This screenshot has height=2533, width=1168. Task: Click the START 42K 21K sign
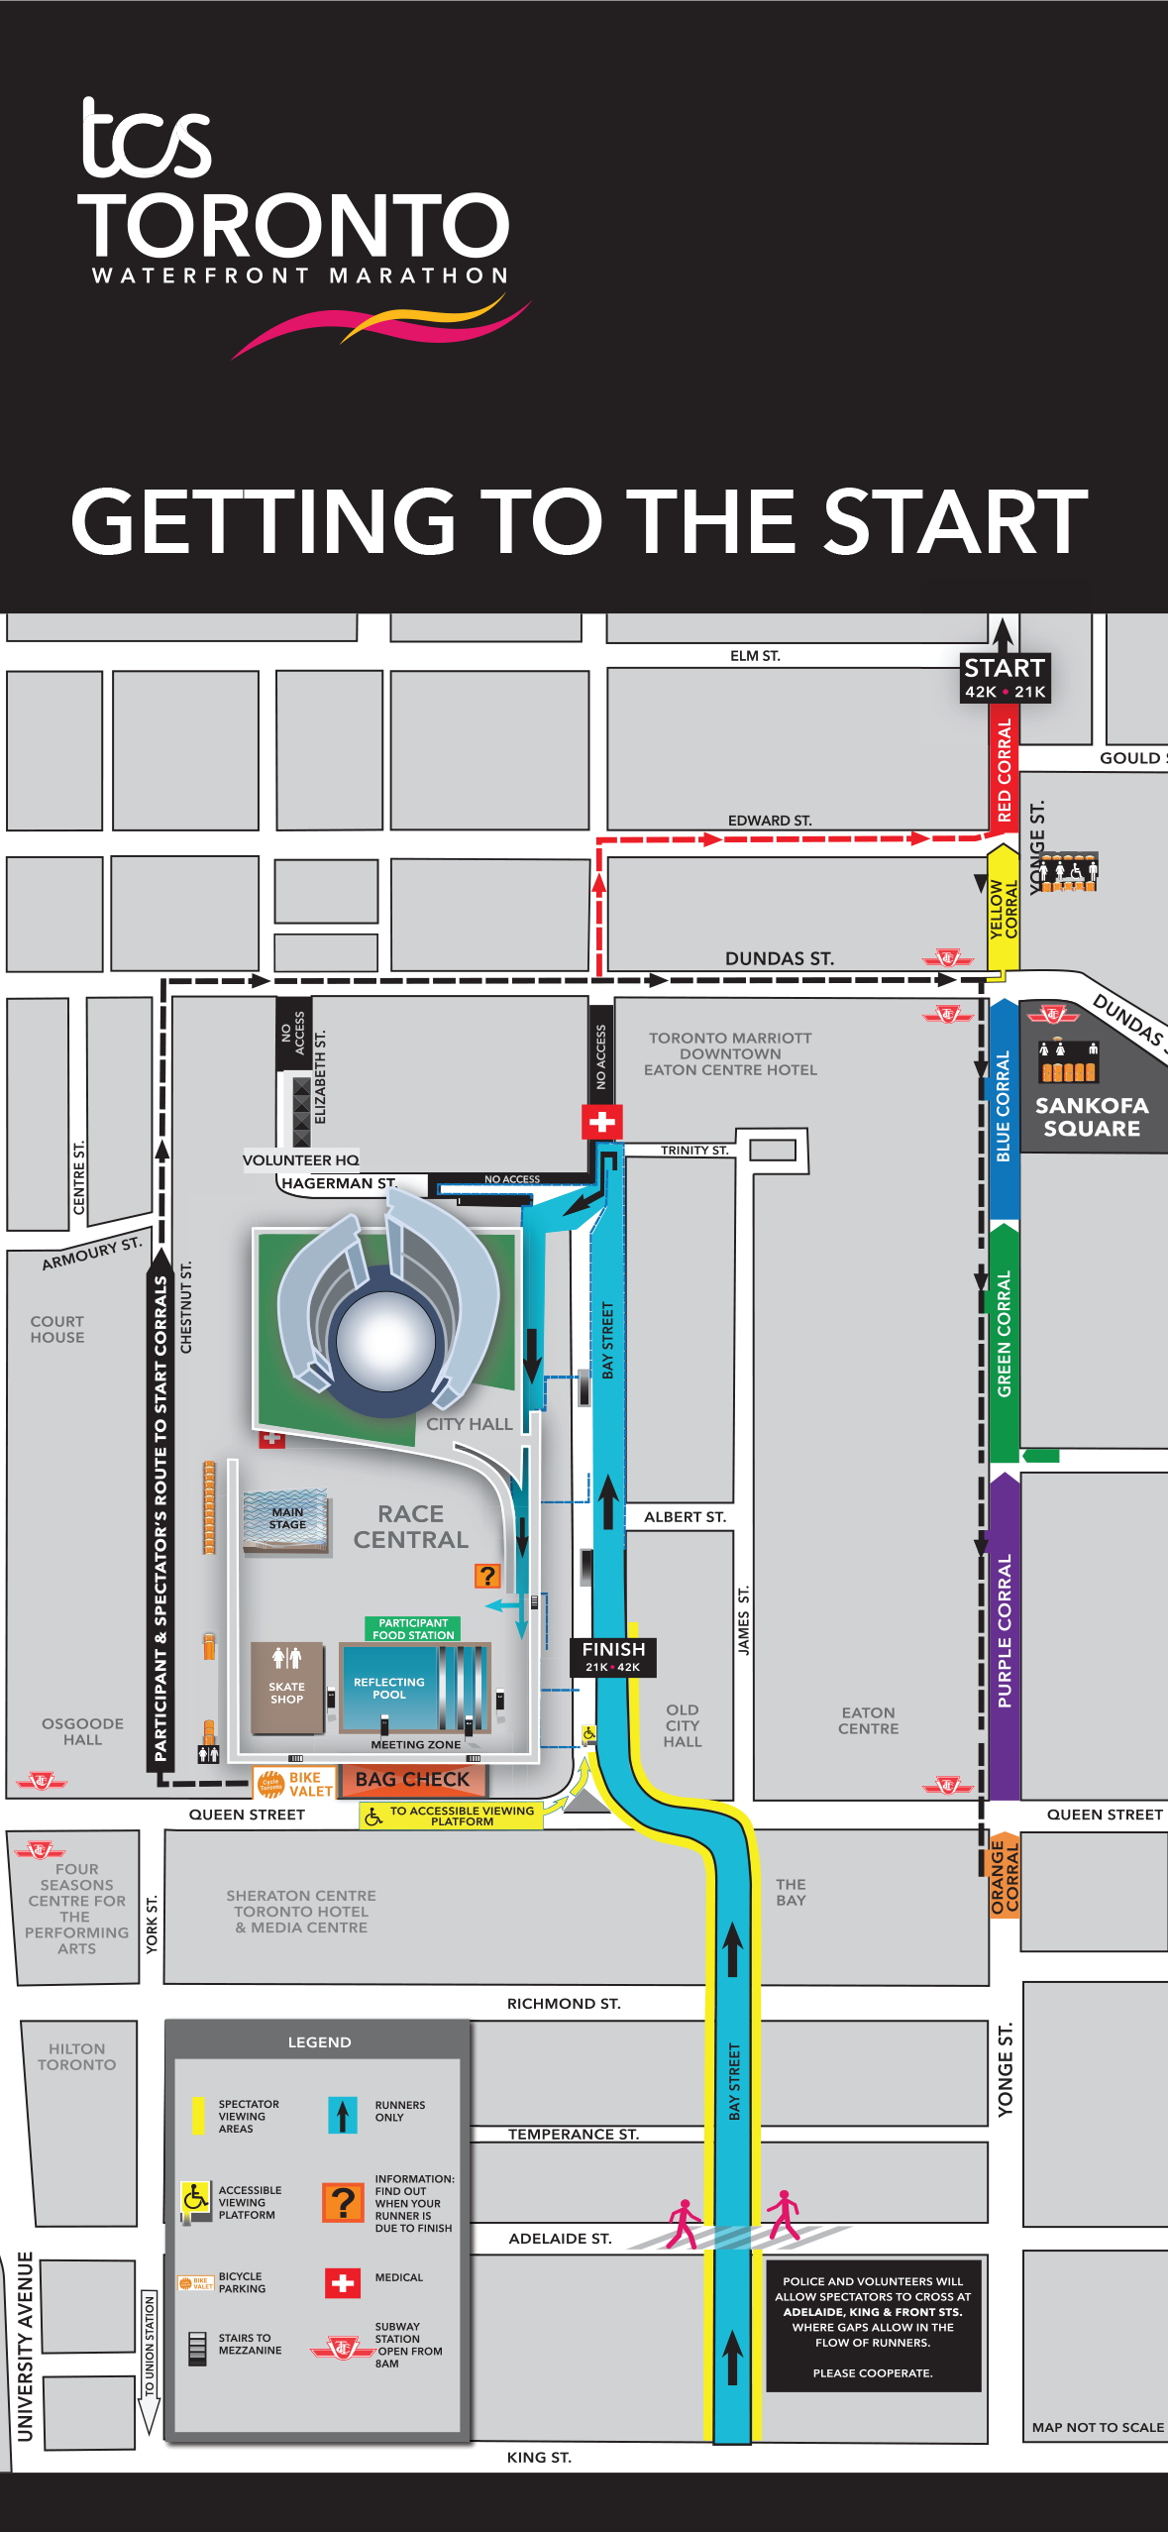[x=1005, y=678]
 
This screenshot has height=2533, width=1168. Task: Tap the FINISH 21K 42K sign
[x=613, y=1656]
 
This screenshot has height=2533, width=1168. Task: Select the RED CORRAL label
[x=1004, y=770]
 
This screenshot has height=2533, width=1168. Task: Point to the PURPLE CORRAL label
[x=1005, y=1631]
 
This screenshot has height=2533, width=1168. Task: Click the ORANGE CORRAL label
[x=1005, y=1875]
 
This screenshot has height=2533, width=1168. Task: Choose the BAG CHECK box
[x=412, y=1780]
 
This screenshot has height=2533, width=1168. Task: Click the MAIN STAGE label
[x=287, y=1518]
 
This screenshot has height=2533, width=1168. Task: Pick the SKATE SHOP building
[x=287, y=1691]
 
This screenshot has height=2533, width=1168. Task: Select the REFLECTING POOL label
[x=389, y=1688]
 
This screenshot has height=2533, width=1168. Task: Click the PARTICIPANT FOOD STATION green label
[x=413, y=1629]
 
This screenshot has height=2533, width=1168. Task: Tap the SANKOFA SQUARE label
[x=1092, y=1117]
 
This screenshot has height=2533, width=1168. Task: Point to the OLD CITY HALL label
[x=683, y=1725]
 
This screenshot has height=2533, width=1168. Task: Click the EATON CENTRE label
[x=869, y=1720]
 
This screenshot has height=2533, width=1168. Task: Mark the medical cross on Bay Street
[x=601, y=1123]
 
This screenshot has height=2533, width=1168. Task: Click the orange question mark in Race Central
[x=487, y=1576]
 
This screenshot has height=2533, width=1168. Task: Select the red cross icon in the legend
[x=343, y=2283]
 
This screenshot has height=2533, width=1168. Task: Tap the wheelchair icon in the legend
[x=195, y=2197]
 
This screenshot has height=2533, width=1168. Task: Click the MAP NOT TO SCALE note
[x=1098, y=2427]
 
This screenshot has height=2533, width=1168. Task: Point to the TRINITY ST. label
[x=694, y=1151]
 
